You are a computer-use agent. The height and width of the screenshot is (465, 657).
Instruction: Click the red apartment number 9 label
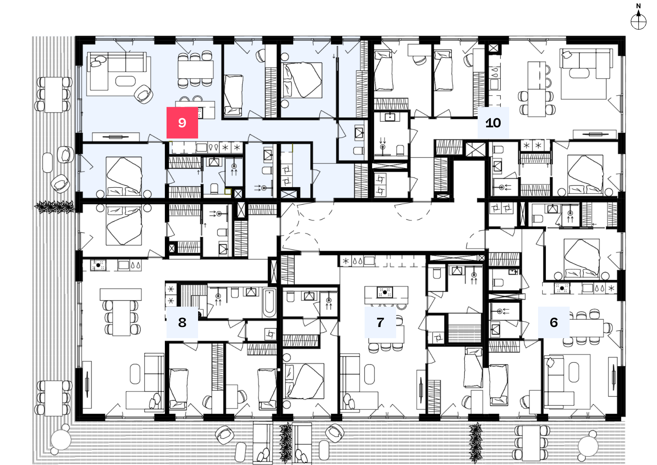point(182,122)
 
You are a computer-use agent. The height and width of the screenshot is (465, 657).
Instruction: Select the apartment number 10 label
point(493,123)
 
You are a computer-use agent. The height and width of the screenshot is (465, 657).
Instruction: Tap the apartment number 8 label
point(182,322)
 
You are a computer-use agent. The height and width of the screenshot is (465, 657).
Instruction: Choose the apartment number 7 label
point(380,322)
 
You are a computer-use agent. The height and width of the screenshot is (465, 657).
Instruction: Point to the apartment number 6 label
point(554,322)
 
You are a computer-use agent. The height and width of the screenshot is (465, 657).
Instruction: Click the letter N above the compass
point(638,6)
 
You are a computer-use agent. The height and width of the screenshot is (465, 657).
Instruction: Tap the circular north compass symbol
point(638,22)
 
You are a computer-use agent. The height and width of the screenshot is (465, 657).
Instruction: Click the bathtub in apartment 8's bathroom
point(269,302)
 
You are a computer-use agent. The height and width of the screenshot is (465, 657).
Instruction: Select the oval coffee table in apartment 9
point(125,81)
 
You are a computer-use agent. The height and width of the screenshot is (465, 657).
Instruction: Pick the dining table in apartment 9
point(195,69)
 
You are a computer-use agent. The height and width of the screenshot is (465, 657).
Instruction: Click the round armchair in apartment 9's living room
point(144,94)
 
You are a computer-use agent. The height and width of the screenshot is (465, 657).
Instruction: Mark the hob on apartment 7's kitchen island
point(385,292)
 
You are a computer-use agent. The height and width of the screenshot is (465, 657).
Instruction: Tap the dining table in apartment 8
point(121,318)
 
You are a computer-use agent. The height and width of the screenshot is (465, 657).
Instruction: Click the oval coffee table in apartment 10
point(579,73)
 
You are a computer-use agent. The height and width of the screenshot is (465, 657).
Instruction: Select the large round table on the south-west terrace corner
point(61,440)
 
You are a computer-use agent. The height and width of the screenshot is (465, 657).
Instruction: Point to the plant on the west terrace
point(55,207)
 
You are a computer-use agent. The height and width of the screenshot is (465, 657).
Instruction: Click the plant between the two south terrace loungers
point(285,442)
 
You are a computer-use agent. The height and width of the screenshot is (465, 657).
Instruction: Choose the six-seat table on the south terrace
point(531,443)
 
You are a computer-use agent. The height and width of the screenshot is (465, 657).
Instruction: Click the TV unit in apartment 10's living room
point(595,134)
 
